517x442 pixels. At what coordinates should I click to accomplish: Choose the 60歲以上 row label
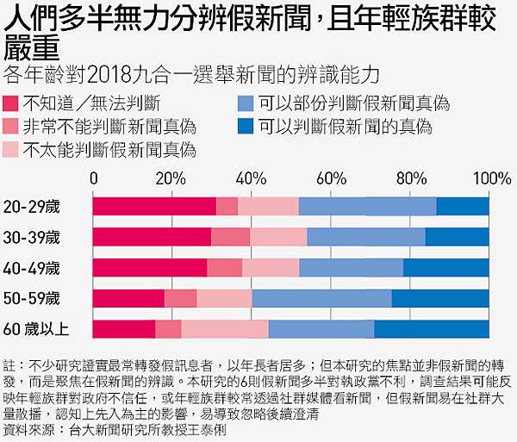[37, 329]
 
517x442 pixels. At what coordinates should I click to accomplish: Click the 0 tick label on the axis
[94, 179]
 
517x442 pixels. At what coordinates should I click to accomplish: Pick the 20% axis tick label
[171, 179]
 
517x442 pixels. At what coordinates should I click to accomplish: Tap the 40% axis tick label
[251, 179]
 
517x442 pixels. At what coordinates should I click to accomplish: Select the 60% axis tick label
[331, 179]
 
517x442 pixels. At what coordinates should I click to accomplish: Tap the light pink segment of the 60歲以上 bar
[225, 329]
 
